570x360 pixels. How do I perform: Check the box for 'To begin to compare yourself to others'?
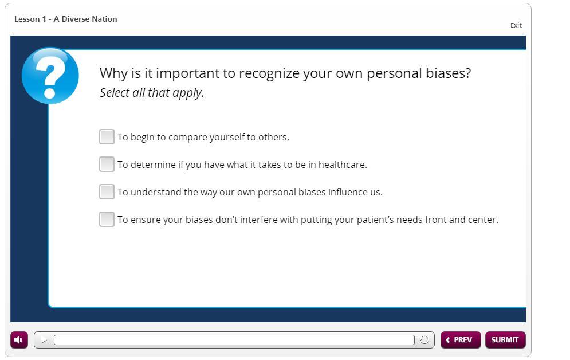tap(107, 137)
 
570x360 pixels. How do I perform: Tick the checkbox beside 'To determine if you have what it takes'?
tap(107, 165)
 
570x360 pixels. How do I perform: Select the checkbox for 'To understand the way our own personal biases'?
tap(107, 191)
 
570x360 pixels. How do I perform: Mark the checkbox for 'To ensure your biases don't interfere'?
tap(107, 220)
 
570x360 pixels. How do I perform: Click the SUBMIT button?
tap(505, 340)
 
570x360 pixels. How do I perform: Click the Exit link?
tap(516, 25)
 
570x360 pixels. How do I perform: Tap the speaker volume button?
tap(19, 340)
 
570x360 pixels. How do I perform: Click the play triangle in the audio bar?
tap(44, 340)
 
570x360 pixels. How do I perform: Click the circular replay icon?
tap(424, 340)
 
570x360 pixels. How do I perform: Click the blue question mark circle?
tap(50, 76)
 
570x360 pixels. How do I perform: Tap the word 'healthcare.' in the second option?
tap(343, 165)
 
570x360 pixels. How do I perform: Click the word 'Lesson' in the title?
tap(27, 19)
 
